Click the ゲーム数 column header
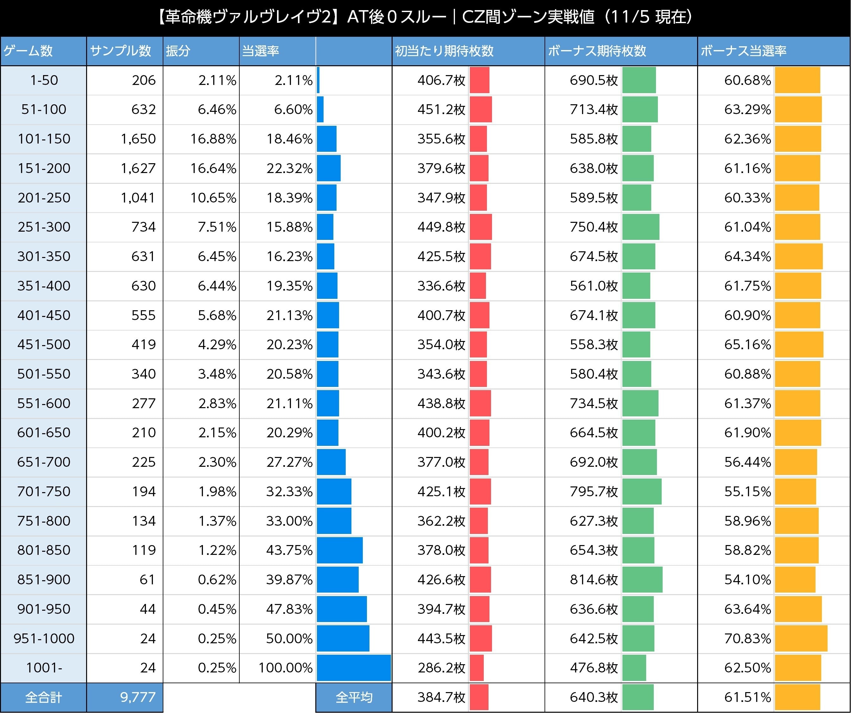tap(28, 51)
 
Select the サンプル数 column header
tap(120, 51)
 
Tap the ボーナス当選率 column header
tap(743, 51)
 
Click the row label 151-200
tap(44, 168)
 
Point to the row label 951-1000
tap(44, 639)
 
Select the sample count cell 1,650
tap(138, 139)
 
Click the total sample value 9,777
tap(138, 697)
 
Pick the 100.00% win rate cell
tap(285, 668)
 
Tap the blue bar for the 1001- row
tap(353, 668)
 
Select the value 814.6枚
tap(594, 580)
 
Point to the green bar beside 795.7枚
tap(641, 491)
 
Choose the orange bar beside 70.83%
tap(801, 639)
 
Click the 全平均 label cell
tap(354, 697)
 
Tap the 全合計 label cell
tap(43, 697)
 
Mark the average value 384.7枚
tap(441, 697)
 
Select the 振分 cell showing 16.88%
tap(213, 139)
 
